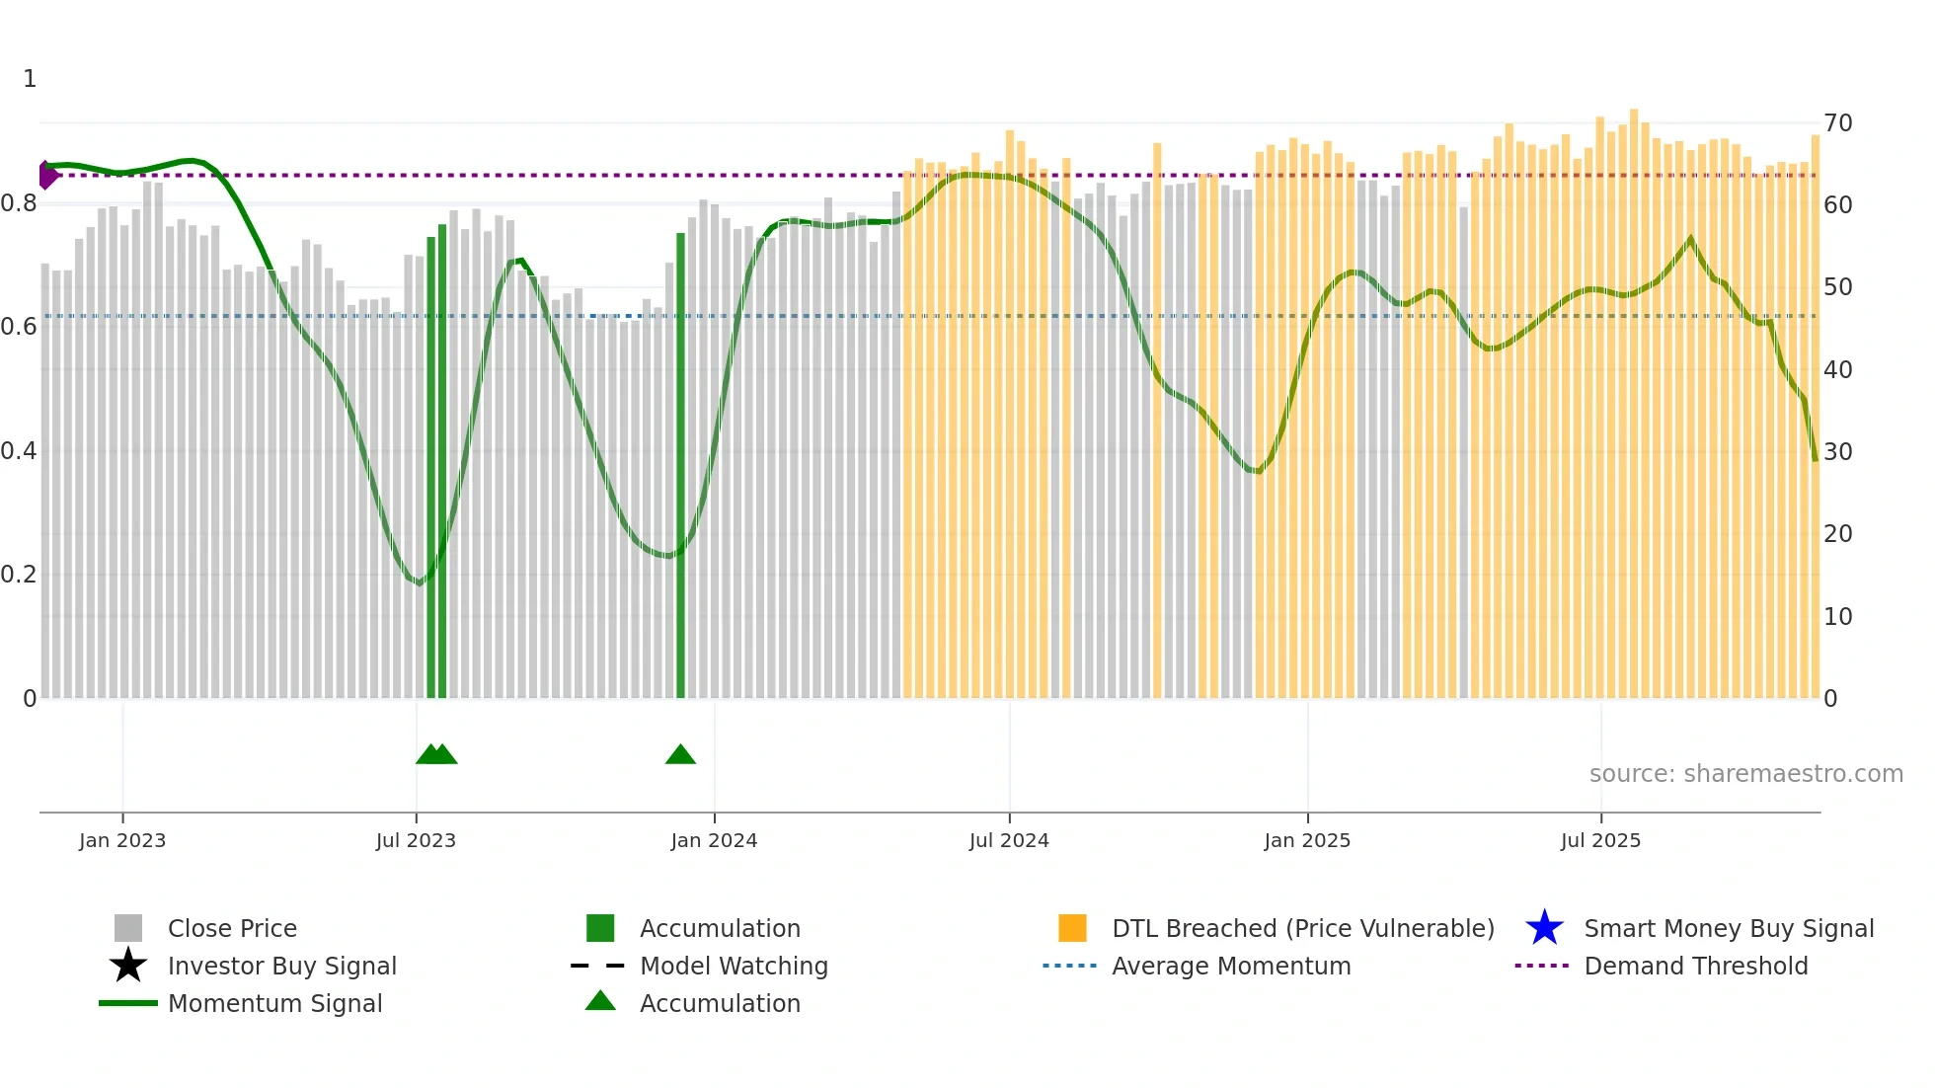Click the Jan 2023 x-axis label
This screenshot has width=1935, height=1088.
(122, 841)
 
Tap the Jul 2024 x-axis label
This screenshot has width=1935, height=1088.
(1009, 841)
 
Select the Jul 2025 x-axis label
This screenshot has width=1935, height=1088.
(1600, 841)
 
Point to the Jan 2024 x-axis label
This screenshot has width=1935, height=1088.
(714, 841)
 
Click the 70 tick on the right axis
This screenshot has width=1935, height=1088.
(1838, 123)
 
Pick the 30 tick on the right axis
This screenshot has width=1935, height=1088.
(1838, 452)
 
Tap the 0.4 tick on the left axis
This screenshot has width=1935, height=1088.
(19, 451)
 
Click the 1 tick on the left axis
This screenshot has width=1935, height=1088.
(30, 79)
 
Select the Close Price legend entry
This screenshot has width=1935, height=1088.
(232, 929)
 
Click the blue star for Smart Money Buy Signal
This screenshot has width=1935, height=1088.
(1544, 928)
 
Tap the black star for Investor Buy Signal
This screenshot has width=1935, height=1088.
(128, 966)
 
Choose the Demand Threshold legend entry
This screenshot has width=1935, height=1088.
(1695, 967)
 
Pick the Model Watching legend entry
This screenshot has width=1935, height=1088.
(734, 967)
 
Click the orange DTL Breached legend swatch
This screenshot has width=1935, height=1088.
(1072, 928)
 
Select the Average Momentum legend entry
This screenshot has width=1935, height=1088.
(1230, 967)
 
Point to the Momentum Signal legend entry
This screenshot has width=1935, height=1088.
(274, 1004)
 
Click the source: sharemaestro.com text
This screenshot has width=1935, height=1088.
(1745, 774)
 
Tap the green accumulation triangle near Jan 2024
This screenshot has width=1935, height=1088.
(680, 755)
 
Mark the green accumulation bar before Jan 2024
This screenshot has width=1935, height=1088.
(680, 464)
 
